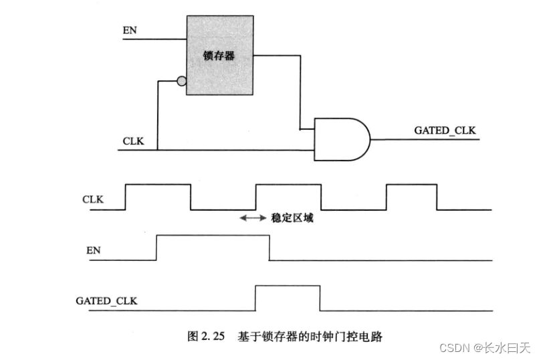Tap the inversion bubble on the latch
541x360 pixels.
coord(181,82)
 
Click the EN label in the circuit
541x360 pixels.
coord(130,31)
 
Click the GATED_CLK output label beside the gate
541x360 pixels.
coord(445,130)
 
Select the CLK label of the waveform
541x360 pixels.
coord(93,199)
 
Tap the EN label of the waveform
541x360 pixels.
coord(94,251)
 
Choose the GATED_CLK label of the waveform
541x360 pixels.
coord(106,301)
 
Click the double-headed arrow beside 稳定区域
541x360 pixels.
coord(253,218)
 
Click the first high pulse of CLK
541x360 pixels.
coord(158,196)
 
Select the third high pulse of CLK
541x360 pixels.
coord(412,196)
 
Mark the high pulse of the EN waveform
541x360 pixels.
coord(213,248)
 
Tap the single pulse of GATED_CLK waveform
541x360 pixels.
coord(288,298)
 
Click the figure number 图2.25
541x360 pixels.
coord(205,337)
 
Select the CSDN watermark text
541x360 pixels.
coord(485,348)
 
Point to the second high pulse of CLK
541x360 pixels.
coord(288,196)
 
